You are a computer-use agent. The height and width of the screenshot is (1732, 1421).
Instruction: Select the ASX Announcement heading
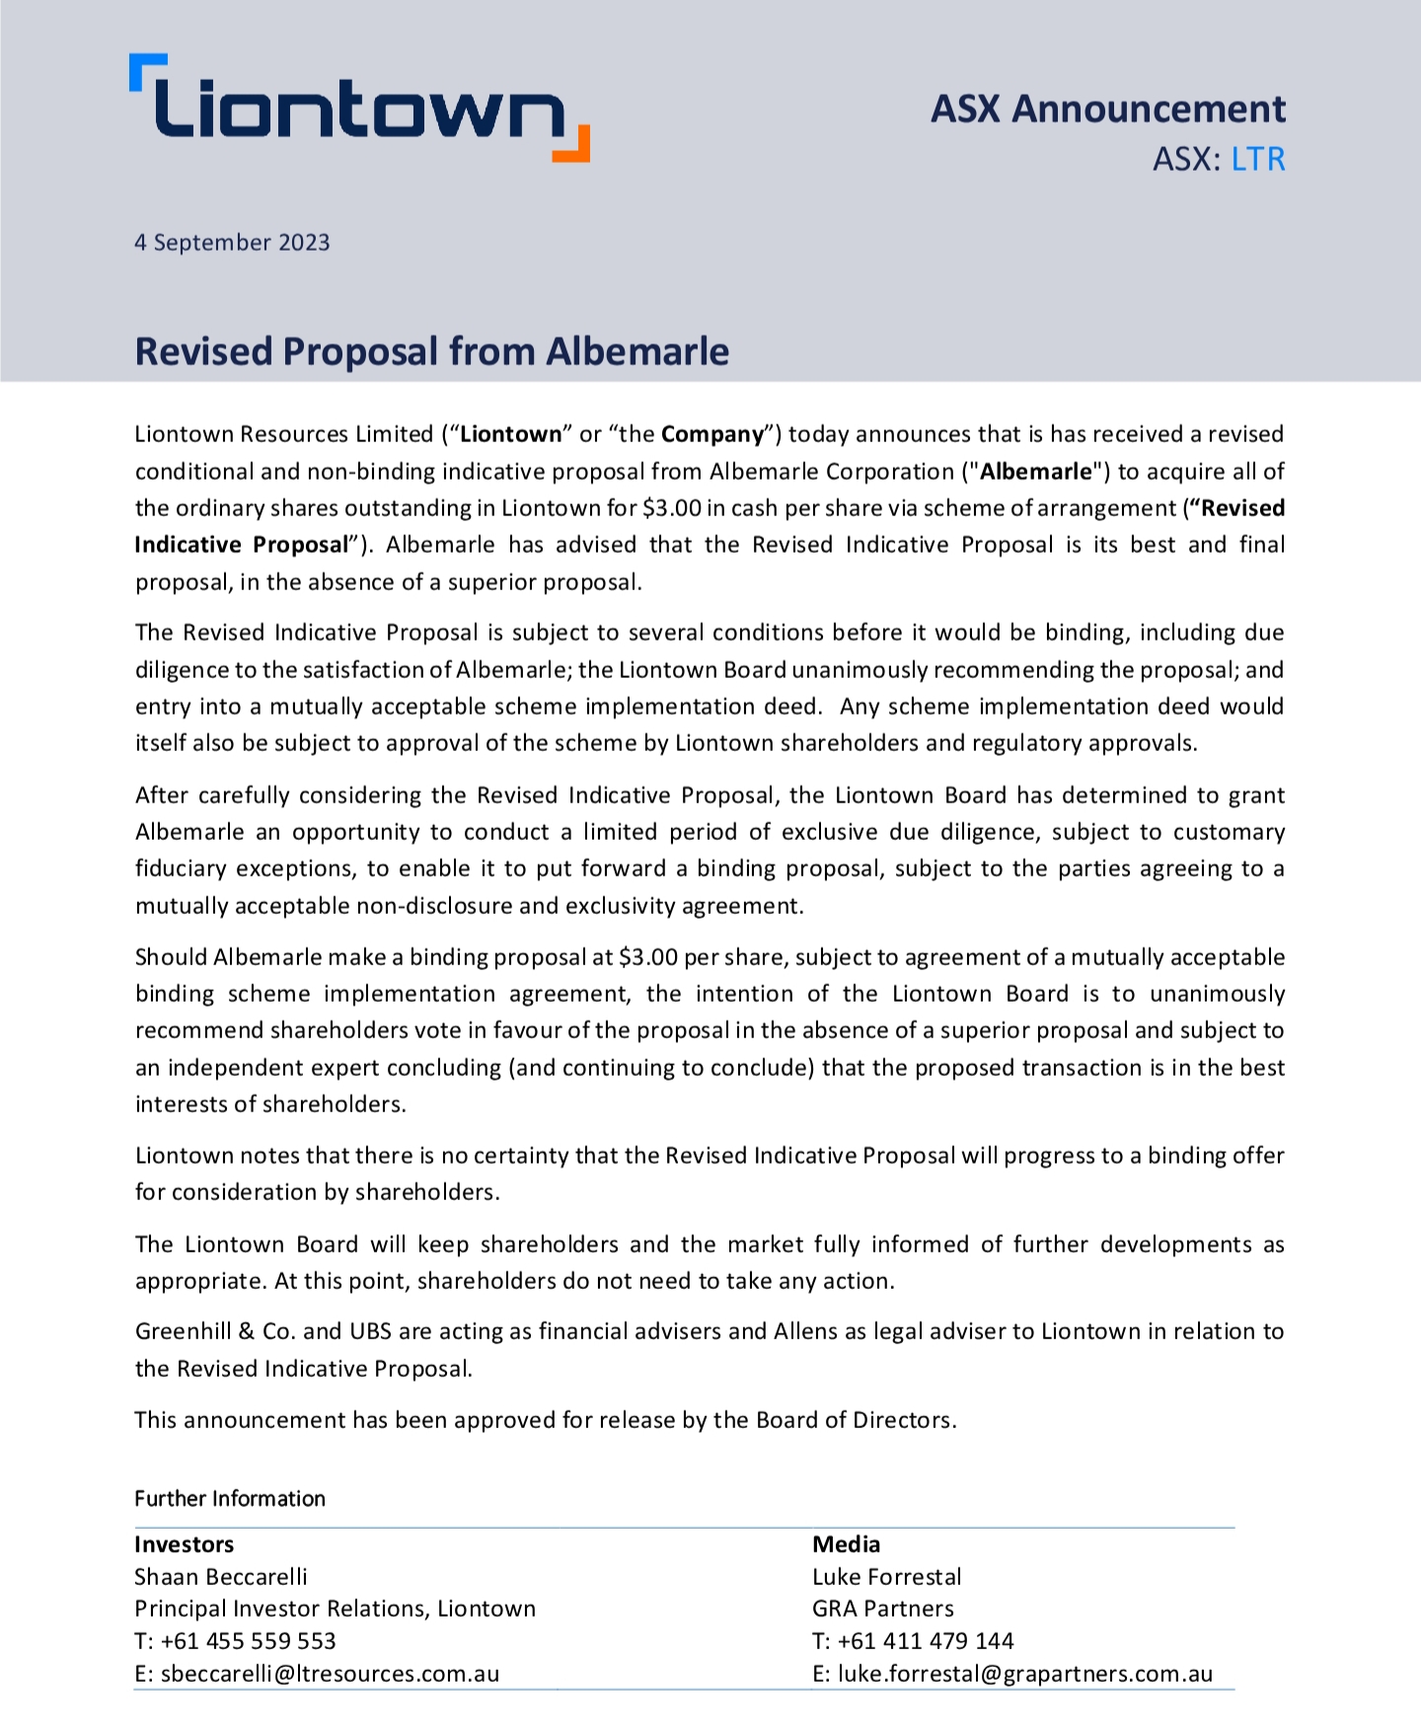1107,109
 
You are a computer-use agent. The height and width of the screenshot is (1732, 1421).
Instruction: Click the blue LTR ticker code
1258,159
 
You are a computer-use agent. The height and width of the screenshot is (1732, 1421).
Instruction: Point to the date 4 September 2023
232,243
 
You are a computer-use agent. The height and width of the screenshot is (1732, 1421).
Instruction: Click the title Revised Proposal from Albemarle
431,352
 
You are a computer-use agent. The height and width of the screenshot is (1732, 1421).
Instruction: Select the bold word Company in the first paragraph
712,434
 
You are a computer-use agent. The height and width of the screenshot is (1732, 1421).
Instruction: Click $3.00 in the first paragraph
671,508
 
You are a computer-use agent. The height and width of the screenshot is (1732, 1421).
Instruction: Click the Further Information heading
230,1498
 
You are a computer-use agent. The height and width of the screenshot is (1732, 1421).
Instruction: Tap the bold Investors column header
185,1544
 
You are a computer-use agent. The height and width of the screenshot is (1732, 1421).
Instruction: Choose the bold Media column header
846,1544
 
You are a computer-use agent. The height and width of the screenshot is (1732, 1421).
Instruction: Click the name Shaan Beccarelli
221,1577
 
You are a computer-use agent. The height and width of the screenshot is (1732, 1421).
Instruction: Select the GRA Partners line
883,1609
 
